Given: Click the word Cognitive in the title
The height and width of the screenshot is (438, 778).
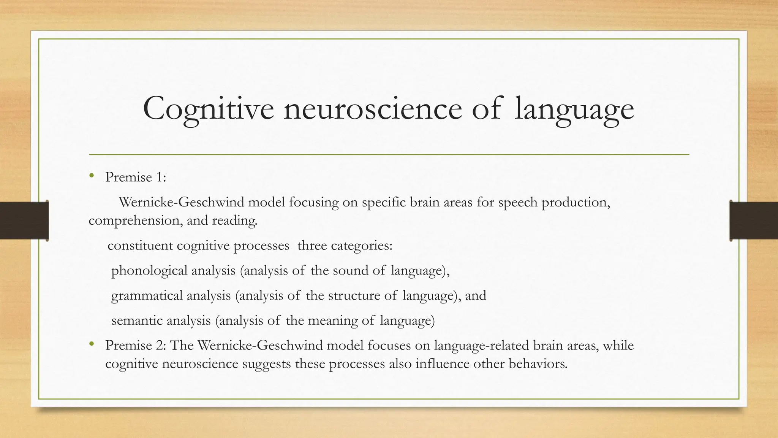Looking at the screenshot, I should [x=208, y=109].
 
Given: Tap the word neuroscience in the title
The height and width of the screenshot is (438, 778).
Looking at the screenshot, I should [x=372, y=109].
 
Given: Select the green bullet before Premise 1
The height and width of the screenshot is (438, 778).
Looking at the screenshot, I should [x=91, y=176].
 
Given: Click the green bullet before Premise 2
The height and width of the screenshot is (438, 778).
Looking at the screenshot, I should [x=91, y=344].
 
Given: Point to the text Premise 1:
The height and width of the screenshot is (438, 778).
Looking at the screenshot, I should [x=136, y=177].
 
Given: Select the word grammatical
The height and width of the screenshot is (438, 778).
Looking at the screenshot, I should [x=147, y=296].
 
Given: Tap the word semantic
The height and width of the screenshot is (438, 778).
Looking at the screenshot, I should [x=137, y=321].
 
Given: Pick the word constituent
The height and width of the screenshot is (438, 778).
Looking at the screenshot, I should [x=140, y=246].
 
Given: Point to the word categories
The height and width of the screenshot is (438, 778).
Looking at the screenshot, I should [x=367, y=246].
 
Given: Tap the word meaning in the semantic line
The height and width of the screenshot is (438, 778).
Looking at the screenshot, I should [x=332, y=321].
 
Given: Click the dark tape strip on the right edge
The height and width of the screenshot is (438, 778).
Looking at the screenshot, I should [x=754, y=221].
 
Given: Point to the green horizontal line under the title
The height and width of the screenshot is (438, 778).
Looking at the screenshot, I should [x=389, y=155].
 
